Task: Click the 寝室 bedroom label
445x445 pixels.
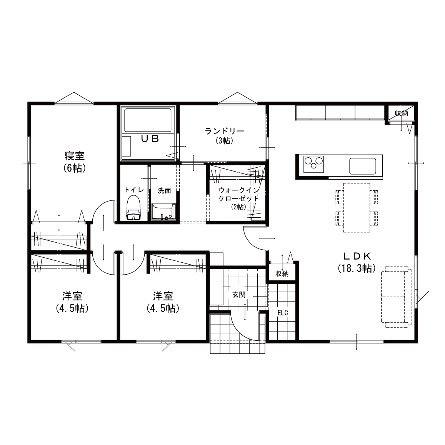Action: (74, 156)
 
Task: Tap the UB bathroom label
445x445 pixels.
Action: (150, 138)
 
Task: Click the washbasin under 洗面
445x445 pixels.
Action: (163, 212)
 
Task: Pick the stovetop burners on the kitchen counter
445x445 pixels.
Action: (313, 164)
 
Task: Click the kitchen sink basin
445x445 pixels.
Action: (363, 166)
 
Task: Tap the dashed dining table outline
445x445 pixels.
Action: (357, 207)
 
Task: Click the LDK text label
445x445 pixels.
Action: (357, 256)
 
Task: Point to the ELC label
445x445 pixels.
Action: (283, 313)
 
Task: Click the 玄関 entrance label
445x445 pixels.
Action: (239, 295)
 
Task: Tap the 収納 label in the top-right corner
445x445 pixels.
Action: (401, 113)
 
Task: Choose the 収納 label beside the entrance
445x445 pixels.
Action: (282, 273)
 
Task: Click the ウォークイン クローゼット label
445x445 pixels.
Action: (239, 194)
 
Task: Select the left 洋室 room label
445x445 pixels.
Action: (72, 296)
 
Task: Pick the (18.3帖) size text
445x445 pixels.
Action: (357, 268)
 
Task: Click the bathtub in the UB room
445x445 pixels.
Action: (148, 120)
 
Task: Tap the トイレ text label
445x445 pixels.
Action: (134, 190)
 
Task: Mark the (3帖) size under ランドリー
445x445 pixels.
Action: (224, 140)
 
